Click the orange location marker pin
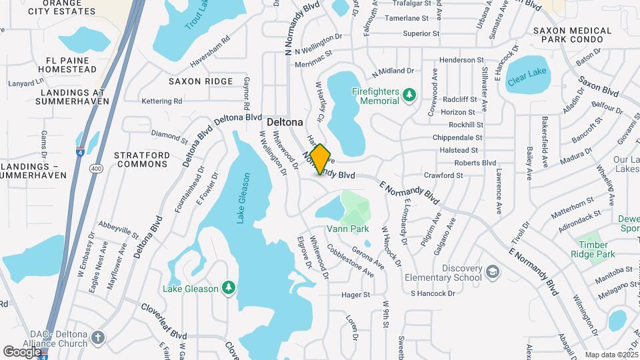click(321, 159)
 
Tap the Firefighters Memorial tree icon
click(409, 97)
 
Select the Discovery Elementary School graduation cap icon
click(492, 273)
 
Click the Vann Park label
click(347, 229)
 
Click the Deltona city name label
click(285, 123)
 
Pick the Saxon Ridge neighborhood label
click(201, 81)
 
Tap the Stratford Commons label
click(141, 159)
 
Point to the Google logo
click(22, 351)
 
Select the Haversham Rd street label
click(210, 49)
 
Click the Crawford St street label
click(443, 175)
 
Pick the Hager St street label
click(355, 295)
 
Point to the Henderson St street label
click(461, 60)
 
